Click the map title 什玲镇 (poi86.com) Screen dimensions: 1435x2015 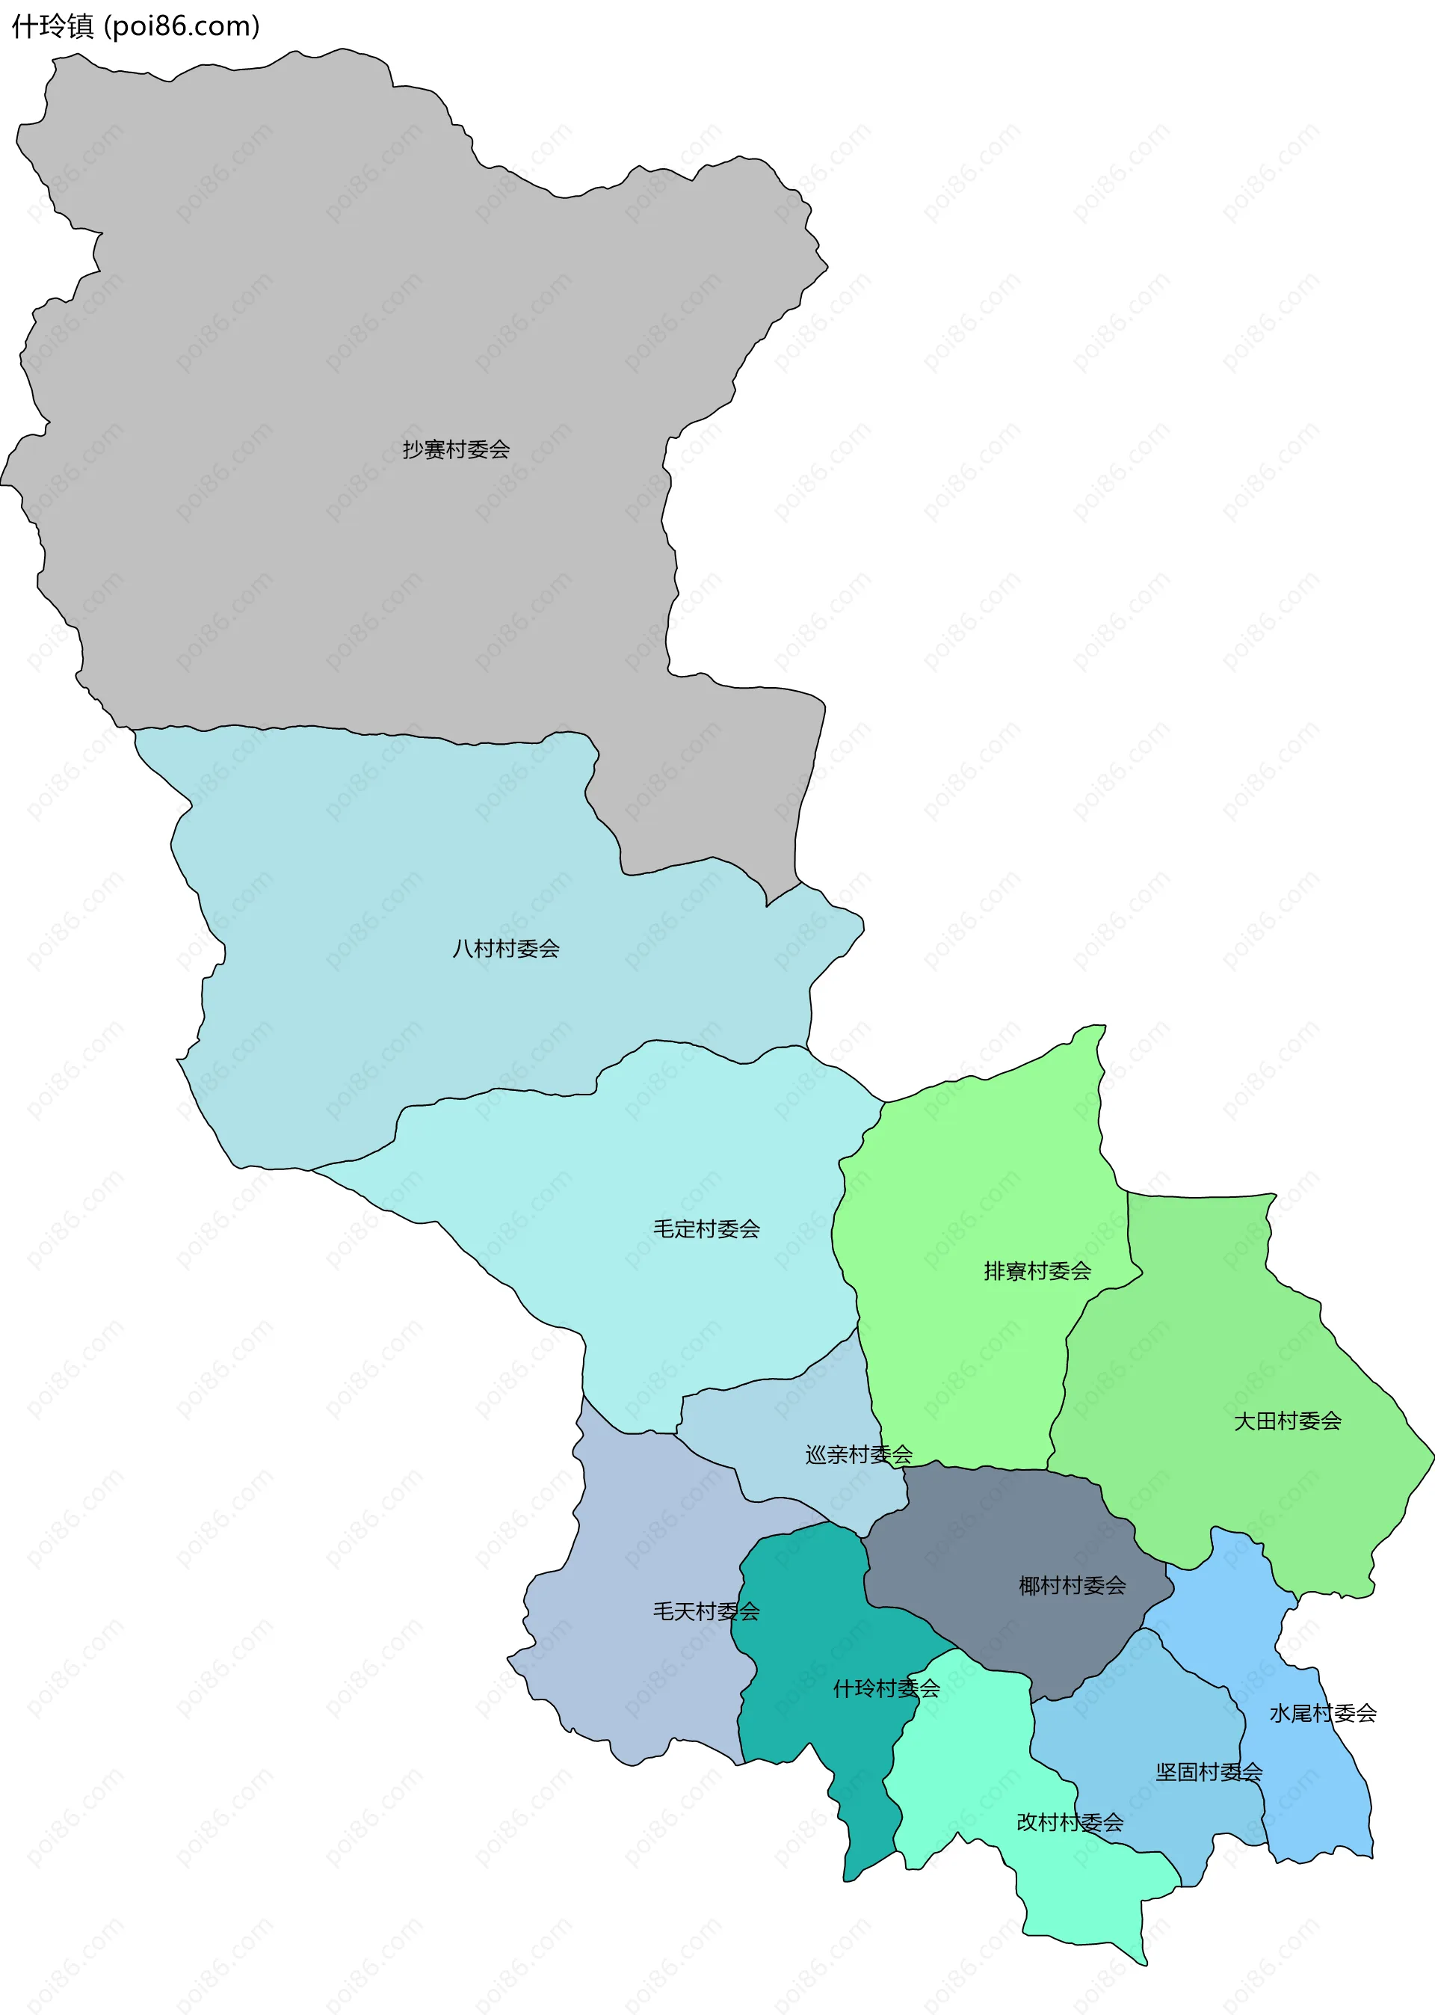click(x=135, y=26)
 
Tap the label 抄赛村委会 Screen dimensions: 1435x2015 click(x=456, y=450)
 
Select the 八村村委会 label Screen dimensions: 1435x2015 click(x=505, y=949)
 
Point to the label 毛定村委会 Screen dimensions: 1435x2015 click(x=706, y=1229)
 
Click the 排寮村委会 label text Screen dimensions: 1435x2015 click(x=1037, y=1272)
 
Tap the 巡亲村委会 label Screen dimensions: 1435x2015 click(x=858, y=1455)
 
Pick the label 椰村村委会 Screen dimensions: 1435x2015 click(x=1071, y=1587)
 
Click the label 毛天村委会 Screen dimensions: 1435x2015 click(x=706, y=1612)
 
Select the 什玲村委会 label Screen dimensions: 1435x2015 click(x=886, y=1689)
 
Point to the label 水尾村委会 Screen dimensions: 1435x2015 click(x=1322, y=1714)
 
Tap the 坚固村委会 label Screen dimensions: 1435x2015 click(x=1208, y=1772)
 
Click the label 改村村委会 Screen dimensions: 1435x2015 click(x=1070, y=1822)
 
